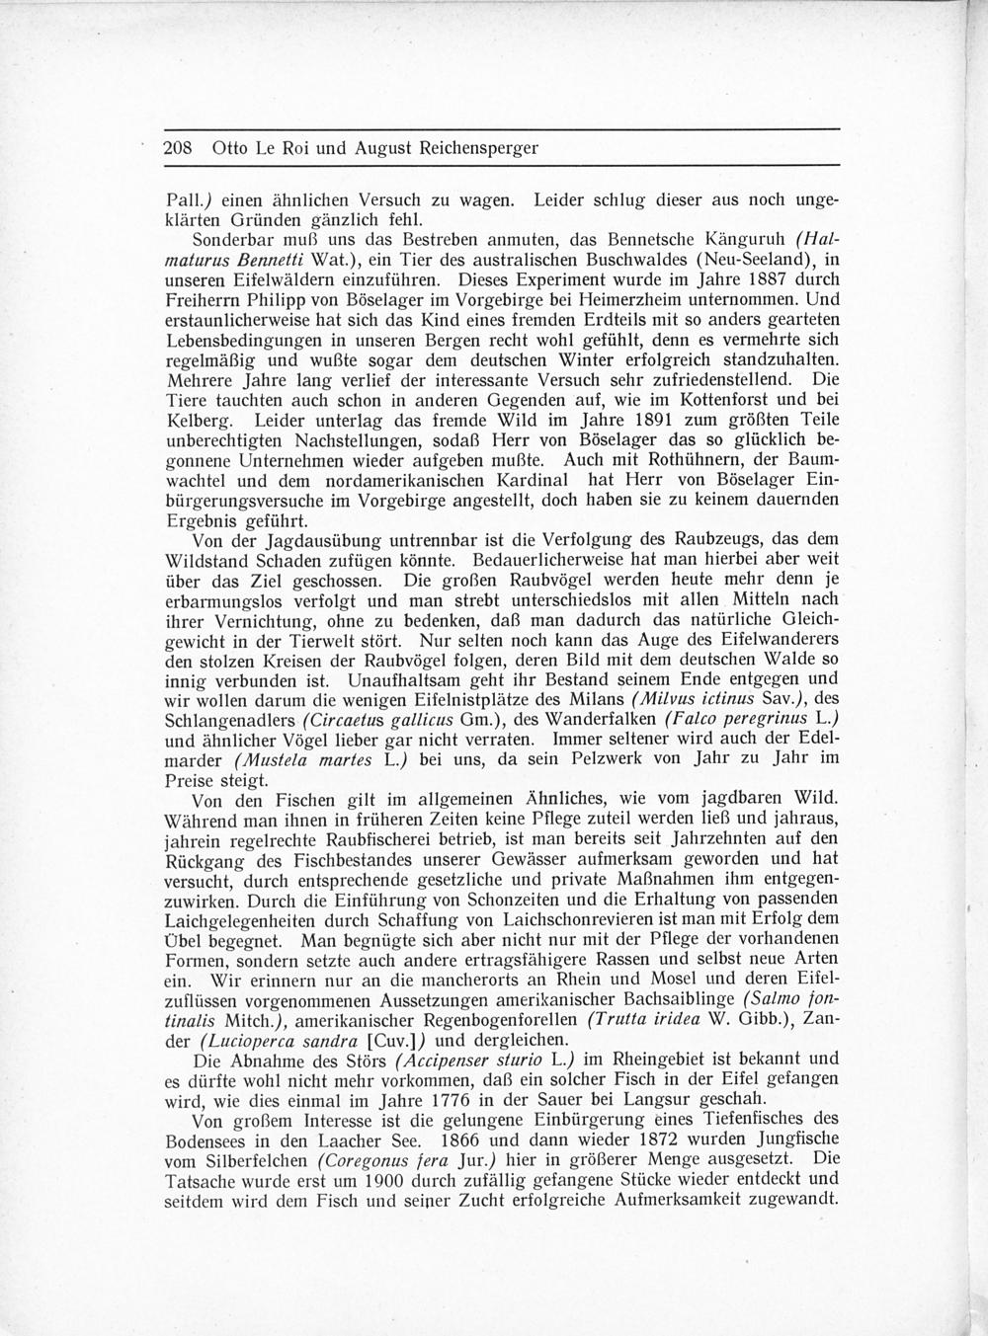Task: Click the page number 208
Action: click(x=177, y=149)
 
